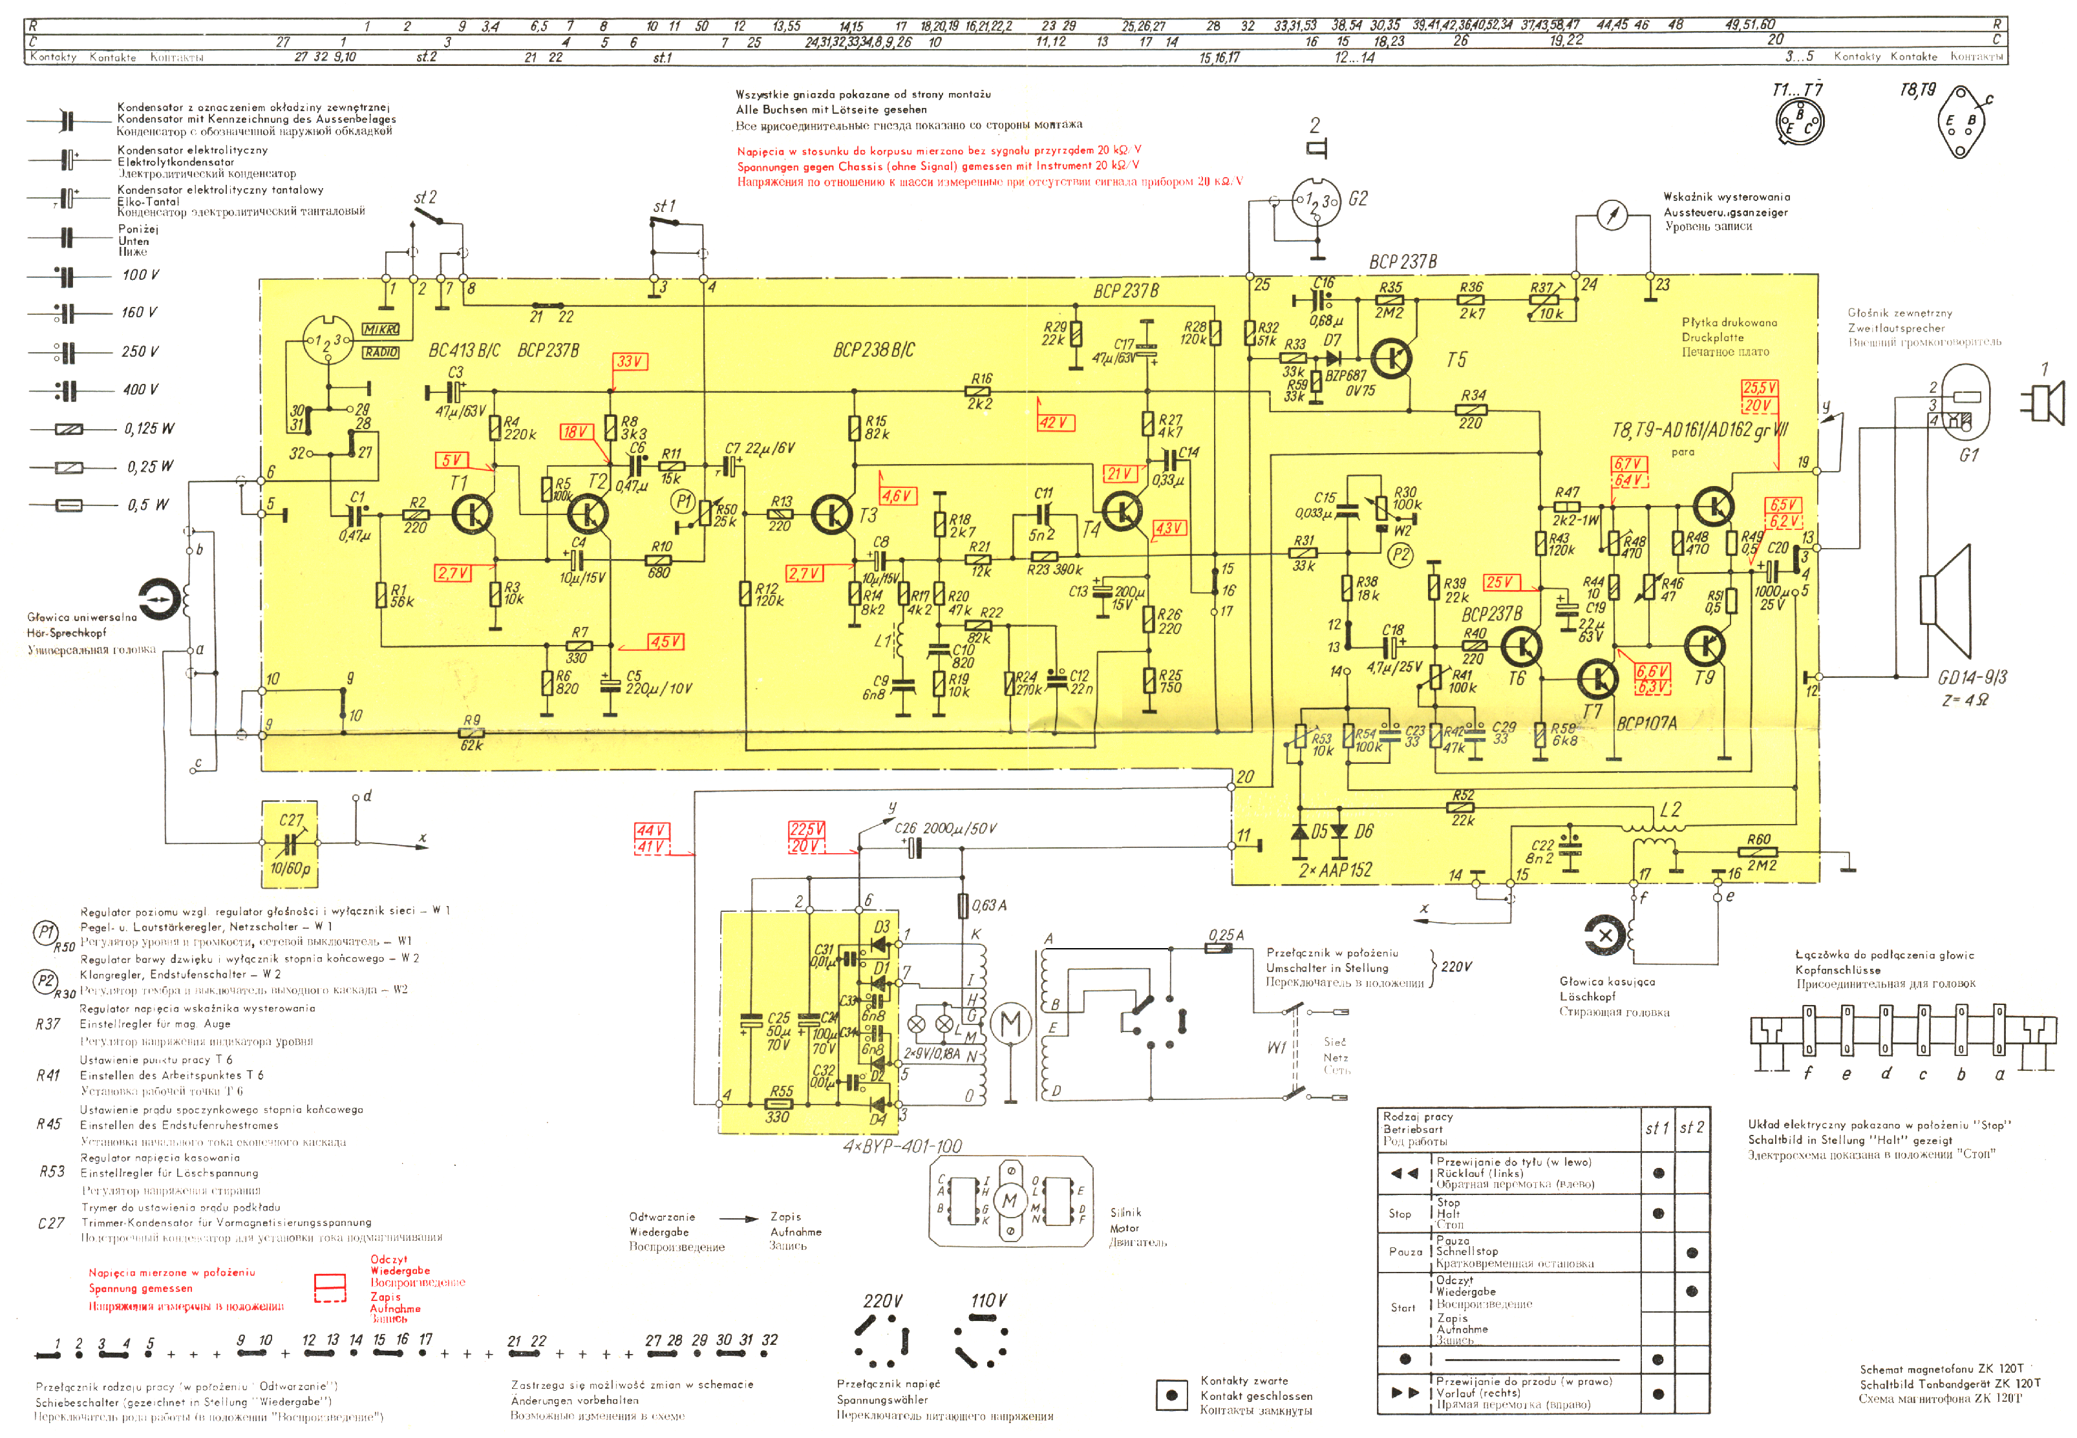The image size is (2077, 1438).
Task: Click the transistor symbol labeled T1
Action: pyautogui.click(x=472, y=514)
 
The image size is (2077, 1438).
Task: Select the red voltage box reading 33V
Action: pyautogui.click(x=630, y=361)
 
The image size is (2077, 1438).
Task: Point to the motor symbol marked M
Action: pyautogui.click(x=1011, y=1024)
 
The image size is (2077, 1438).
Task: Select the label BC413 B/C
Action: pyautogui.click(x=464, y=350)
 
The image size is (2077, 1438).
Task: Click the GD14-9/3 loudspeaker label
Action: pyautogui.click(x=1972, y=677)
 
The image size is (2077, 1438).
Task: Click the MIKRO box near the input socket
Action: pyautogui.click(x=380, y=330)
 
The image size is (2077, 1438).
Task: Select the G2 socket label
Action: pyautogui.click(x=1357, y=199)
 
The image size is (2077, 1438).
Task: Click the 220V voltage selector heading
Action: pyautogui.click(x=882, y=1301)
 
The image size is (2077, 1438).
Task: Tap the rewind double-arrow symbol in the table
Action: pyautogui.click(x=1404, y=1173)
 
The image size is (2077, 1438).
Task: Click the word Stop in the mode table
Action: pyautogui.click(x=1400, y=1214)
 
